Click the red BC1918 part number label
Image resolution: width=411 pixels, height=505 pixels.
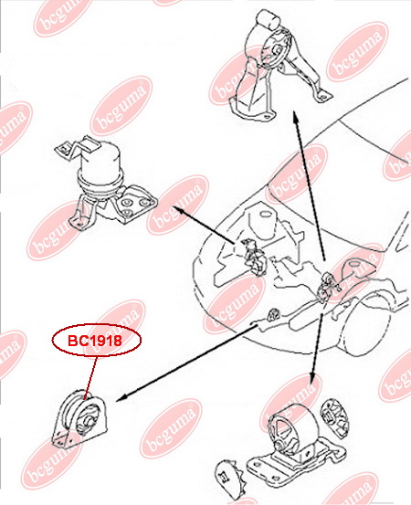95,341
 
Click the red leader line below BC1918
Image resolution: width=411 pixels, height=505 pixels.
90,377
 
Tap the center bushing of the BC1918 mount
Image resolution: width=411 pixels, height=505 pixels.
89,421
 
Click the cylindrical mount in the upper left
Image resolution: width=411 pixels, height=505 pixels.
105,181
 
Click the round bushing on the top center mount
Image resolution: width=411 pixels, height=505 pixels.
276,50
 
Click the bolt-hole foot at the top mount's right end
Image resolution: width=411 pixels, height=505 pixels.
323,96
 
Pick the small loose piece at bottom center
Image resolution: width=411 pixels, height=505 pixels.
229,475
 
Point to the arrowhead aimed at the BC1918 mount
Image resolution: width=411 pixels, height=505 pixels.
121,399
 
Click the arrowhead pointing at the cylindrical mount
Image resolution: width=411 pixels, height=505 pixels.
179,210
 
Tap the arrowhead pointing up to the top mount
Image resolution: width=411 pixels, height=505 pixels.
295,117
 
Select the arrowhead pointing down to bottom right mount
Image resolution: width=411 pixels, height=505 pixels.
312,378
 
